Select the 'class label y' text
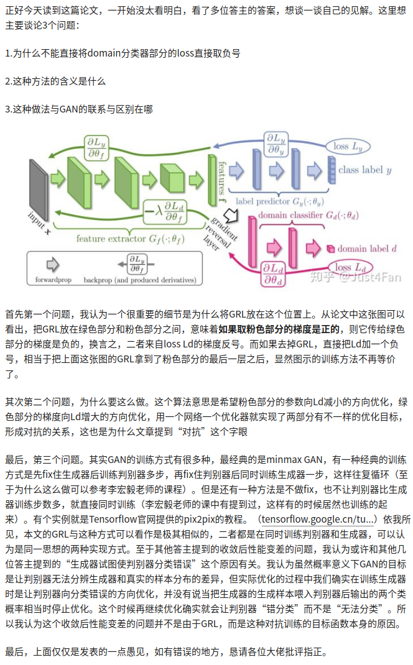pos(364,169)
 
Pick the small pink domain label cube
pos(330,249)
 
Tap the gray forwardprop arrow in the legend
pos(53,264)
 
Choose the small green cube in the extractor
pos(170,175)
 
